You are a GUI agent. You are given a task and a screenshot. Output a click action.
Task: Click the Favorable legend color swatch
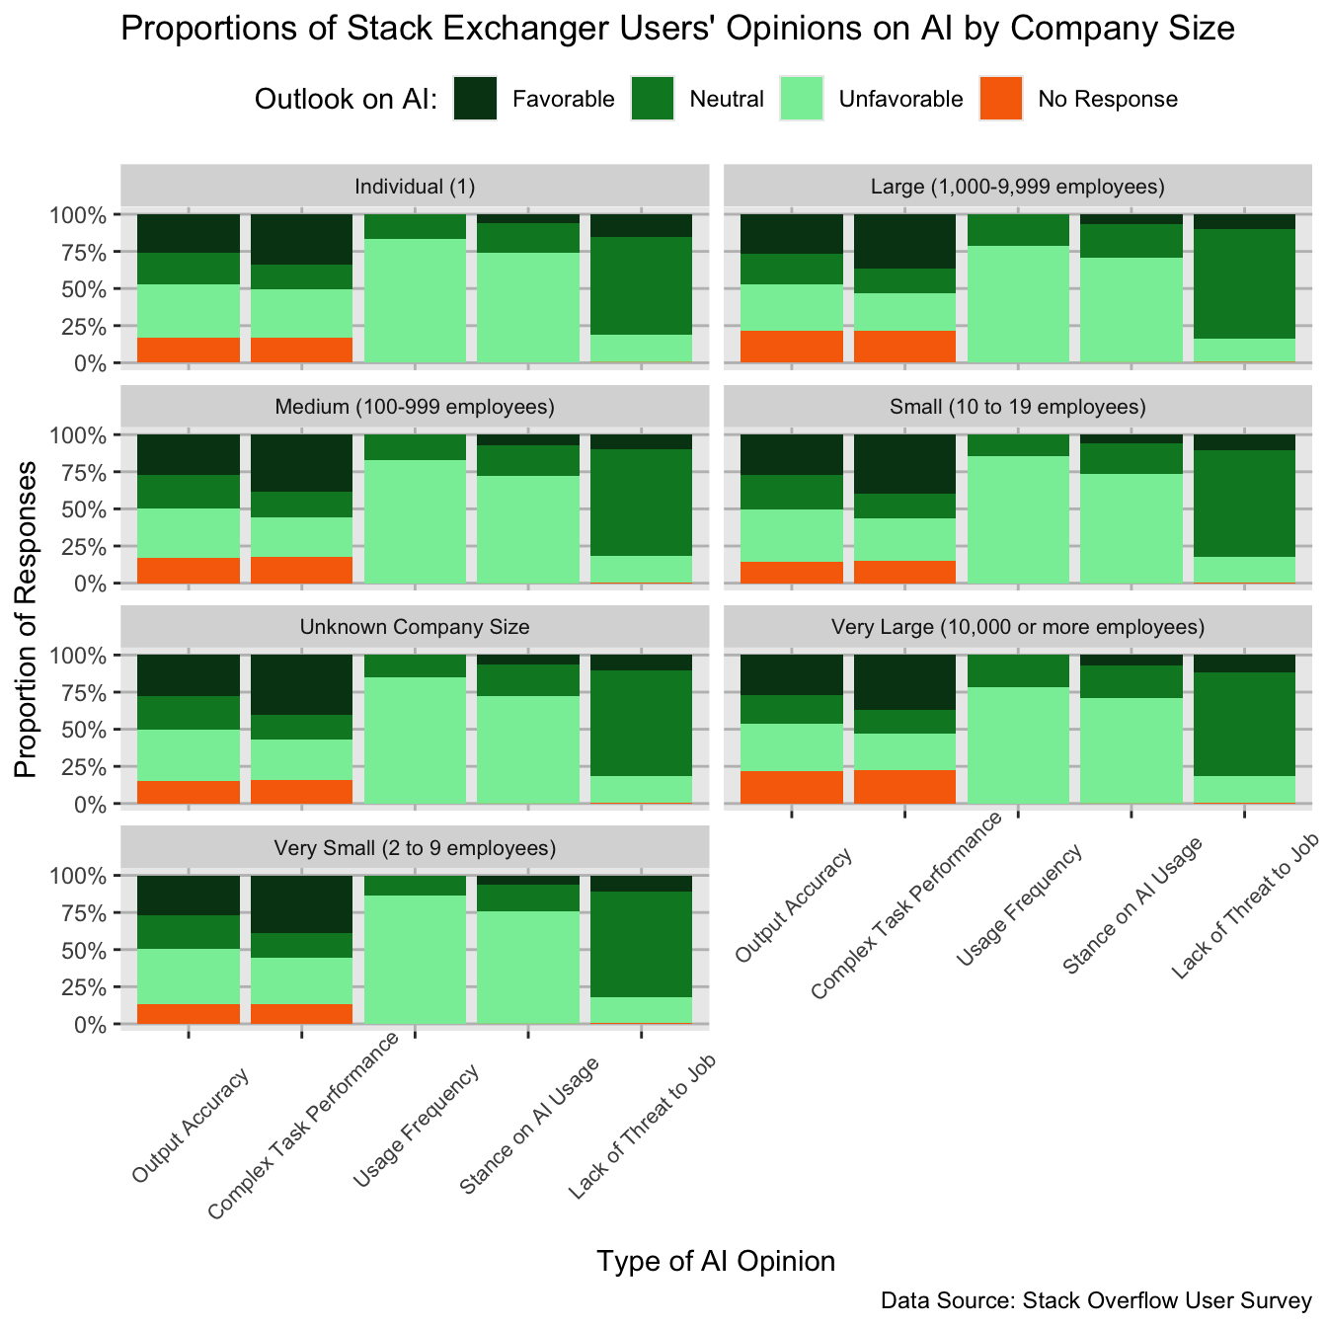click(x=475, y=99)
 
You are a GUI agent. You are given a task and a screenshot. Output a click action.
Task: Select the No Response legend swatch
click(x=1000, y=99)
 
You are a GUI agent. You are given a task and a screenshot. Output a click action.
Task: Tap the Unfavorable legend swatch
click(x=801, y=99)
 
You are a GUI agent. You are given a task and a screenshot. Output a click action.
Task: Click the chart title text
click(x=677, y=29)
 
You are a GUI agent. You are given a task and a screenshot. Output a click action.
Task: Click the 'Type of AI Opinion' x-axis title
click(x=716, y=1261)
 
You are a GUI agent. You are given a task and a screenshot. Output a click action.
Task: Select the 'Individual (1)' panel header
click(x=415, y=187)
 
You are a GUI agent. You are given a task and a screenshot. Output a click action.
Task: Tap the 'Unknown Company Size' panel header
click(x=415, y=627)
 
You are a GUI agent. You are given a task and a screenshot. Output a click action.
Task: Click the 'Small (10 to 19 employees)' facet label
click(x=1018, y=407)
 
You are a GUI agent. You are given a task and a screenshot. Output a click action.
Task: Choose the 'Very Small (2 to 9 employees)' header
click(x=415, y=848)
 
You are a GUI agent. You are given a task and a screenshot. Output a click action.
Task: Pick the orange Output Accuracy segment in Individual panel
click(x=189, y=350)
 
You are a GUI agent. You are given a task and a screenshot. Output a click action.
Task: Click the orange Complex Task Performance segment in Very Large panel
click(x=904, y=786)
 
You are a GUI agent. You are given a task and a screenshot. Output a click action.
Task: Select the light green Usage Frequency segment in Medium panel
click(x=415, y=520)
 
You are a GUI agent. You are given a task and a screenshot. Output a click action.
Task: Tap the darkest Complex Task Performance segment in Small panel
click(x=904, y=464)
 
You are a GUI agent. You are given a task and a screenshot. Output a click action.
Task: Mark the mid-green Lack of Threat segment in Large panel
click(x=1244, y=284)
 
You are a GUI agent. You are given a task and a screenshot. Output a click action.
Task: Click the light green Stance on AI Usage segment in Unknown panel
click(x=528, y=749)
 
